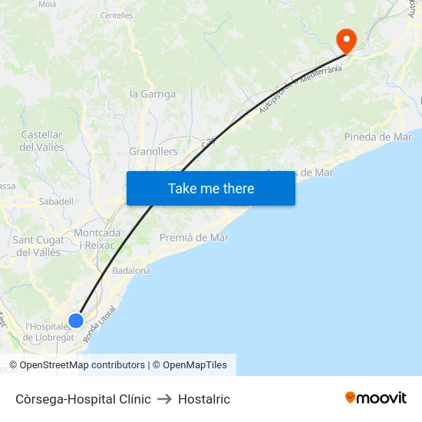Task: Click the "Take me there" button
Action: pyautogui.click(x=211, y=188)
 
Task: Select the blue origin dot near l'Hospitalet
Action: pyautogui.click(x=76, y=321)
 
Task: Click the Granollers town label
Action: pyautogui.click(x=153, y=152)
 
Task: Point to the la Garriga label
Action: pyautogui.click(x=153, y=94)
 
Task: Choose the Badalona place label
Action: pyautogui.click(x=131, y=271)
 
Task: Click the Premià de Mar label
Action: pyautogui.click(x=194, y=238)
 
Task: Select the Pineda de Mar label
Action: pyautogui.click(x=378, y=137)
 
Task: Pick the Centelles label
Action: pyautogui.click(x=117, y=15)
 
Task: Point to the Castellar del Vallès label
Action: pyautogui.click(x=41, y=141)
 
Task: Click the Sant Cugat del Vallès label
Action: pyautogui.click(x=38, y=246)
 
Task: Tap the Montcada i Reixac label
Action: pyautogui.click(x=97, y=239)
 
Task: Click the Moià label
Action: pyautogui.click(x=47, y=5)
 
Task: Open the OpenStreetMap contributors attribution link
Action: pyautogui.click(x=82, y=365)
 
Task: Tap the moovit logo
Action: pyautogui.click(x=376, y=398)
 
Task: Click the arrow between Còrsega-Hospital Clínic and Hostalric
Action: pyautogui.click(x=164, y=399)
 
